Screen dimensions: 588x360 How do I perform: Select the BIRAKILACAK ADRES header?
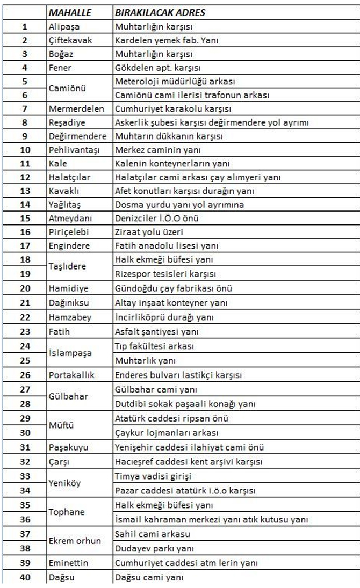(x=160, y=12)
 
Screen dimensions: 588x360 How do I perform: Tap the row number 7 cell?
(x=25, y=109)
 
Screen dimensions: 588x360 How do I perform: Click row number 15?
(x=25, y=219)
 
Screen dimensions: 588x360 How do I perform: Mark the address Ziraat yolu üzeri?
(x=149, y=233)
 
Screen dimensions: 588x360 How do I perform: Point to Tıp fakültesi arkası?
(x=154, y=346)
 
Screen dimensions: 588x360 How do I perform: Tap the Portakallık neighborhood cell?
(x=71, y=375)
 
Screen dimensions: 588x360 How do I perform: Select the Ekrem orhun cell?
(x=75, y=541)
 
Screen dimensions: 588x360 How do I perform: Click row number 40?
(x=25, y=578)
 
